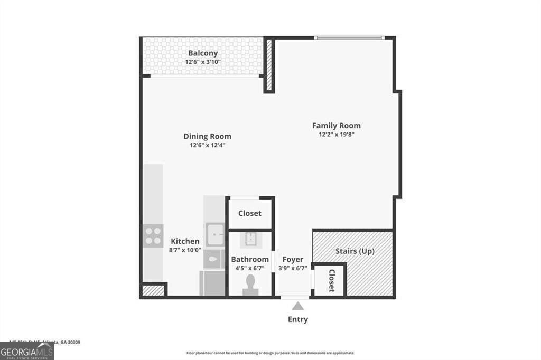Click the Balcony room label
pos(203,53)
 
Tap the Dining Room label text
pos(207,136)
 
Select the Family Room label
pos(336,126)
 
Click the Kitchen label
pos(185,241)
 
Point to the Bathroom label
pos(250,259)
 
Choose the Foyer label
pos(293,259)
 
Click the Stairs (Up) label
pos(355,251)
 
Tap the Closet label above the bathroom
pos(249,214)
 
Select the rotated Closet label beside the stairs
pos(332,281)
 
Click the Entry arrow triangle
pos(298,306)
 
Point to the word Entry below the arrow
pos(298,319)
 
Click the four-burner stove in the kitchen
pos(153,235)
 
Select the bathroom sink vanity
pos(250,239)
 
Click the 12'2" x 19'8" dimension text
pos(336,135)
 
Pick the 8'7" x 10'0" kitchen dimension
pos(185,250)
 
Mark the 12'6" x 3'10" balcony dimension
pos(203,62)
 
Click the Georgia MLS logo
pos(27,351)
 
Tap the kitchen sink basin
pos(215,234)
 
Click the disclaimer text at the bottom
pos(270,353)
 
